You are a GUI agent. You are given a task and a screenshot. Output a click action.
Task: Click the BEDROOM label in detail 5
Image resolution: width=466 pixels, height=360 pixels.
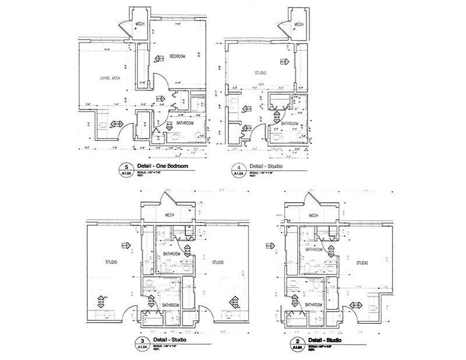tap(177, 56)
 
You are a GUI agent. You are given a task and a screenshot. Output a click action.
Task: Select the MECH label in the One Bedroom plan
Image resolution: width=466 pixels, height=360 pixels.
tap(140, 24)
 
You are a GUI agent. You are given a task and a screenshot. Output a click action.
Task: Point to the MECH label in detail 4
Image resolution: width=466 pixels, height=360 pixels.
tap(299, 24)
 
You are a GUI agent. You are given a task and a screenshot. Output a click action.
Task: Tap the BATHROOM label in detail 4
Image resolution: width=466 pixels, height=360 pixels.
tap(290, 123)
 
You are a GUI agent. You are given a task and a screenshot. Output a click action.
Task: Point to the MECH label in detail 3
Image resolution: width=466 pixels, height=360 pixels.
tap(170, 214)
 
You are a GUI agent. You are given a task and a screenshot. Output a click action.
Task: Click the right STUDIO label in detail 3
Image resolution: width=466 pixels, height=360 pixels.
tap(219, 262)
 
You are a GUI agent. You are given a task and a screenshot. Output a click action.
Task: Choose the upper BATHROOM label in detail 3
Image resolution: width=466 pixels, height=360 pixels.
tap(171, 254)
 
